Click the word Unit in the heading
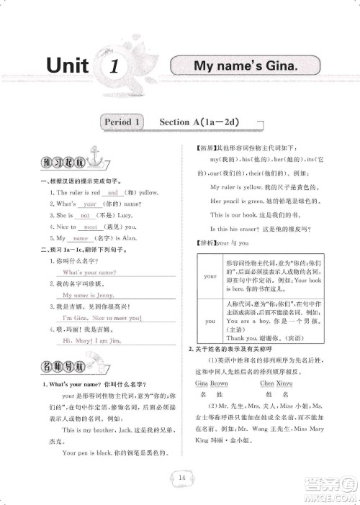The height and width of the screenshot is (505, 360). pos(66,68)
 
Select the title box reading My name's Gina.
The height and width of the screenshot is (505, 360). pos(245,66)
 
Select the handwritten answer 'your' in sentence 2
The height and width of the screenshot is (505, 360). pos(90,204)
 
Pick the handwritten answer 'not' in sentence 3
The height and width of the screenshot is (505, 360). pos(84,215)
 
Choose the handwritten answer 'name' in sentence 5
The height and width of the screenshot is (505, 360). pos(81,237)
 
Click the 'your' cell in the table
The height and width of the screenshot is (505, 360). pos(210,276)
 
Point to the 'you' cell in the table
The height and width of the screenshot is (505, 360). pos(210,321)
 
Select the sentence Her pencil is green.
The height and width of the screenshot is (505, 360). pos(236,201)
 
